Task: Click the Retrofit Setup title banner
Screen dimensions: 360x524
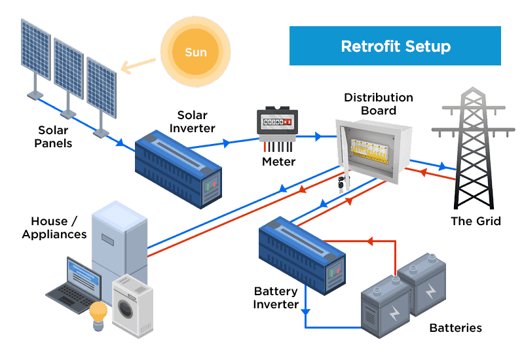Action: pyautogui.click(x=395, y=46)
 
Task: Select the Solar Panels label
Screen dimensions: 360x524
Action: pyautogui.click(x=53, y=137)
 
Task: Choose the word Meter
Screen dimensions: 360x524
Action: pyautogui.click(x=279, y=162)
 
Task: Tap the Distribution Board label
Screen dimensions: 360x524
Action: pyautogui.click(x=379, y=104)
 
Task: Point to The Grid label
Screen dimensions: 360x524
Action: pyautogui.click(x=476, y=221)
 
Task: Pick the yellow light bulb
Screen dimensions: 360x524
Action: pyautogui.click(x=98, y=314)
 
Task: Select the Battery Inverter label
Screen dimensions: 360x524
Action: pyautogui.click(x=276, y=298)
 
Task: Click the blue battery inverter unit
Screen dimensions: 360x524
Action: pyautogui.click(x=301, y=255)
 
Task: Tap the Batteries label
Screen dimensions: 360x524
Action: pyautogui.click(x=455, y=328)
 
